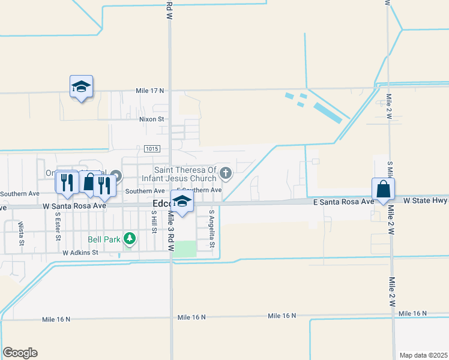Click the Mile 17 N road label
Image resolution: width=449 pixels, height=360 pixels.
[149, 91]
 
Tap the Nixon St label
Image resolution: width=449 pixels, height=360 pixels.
[151, 119]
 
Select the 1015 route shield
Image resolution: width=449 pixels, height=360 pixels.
[151, 149]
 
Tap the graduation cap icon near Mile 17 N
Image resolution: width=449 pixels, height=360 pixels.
[81, 87]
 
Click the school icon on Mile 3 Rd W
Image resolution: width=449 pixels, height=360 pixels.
[182, 202]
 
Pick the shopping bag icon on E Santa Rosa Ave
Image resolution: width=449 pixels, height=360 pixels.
[383, 190]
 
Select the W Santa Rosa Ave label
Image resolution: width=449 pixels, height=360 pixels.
[74, 205]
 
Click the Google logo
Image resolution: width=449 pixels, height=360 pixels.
[20, 352]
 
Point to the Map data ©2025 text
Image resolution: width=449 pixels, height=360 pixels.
[423, 355]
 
